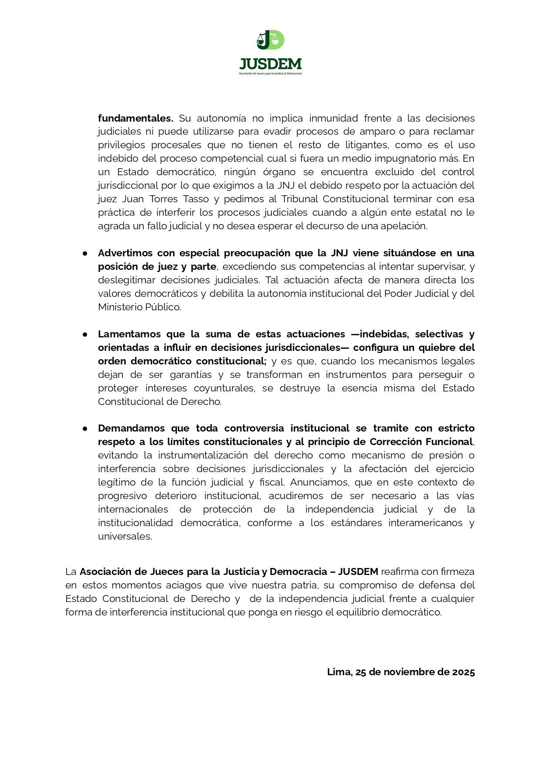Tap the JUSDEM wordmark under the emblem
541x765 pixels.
[270, 64]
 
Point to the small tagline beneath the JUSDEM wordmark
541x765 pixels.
[270, 73]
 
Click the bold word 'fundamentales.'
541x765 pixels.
[135, 118]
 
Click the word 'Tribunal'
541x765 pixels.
[300, 199]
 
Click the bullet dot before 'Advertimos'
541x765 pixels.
[85, 254]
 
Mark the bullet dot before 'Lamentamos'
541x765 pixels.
[85, 335]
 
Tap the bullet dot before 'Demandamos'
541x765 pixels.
[85, 429]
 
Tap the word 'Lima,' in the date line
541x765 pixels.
[339, 672]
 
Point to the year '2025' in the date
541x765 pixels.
[463, 672]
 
